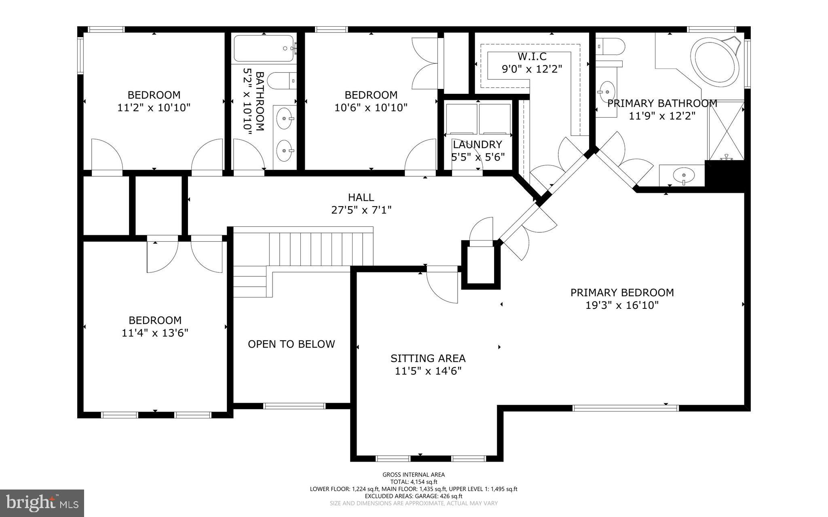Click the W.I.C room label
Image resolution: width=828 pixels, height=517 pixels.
point(532,56)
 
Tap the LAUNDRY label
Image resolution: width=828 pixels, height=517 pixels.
point(477,144)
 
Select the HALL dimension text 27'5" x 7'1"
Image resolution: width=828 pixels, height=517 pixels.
point(361,210)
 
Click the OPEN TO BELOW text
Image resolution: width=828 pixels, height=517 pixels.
point(291,344)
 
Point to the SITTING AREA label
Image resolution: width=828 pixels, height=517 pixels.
point(428,358)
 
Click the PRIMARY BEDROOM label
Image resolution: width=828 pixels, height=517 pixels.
point(622,292)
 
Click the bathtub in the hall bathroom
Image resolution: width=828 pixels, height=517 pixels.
point(264,49)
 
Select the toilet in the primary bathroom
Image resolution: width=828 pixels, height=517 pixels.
point(610,46)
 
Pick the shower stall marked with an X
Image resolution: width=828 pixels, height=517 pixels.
point(727,130)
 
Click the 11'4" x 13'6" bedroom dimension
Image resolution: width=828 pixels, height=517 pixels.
point(155,333)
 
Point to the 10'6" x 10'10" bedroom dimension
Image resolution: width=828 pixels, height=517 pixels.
point(371,108)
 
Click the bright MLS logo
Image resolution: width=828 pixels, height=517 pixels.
point(42,503)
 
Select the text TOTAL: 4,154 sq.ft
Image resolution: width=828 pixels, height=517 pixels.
point(414,482)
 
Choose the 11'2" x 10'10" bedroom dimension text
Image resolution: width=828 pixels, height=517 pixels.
point(154,108)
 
